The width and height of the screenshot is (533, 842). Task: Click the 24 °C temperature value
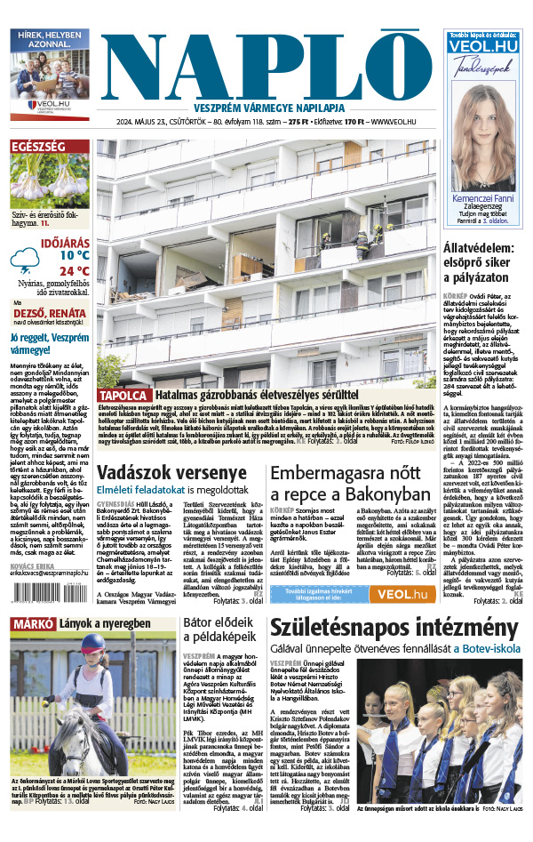click(75, 271)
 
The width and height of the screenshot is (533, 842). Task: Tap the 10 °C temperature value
click(75, 254)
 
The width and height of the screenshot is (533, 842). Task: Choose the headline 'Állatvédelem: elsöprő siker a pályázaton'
click(484, 264)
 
